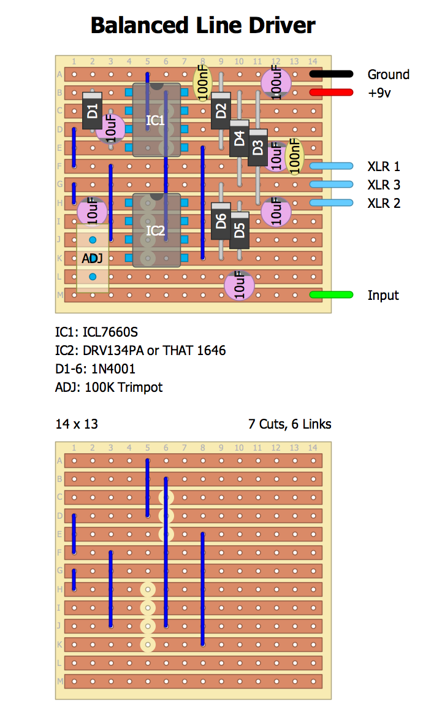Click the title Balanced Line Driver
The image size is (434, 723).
pos(203,25)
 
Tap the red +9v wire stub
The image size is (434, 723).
pos(331,93)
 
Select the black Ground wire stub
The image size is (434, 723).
pos(331,74)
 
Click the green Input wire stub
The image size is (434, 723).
pos(331,295)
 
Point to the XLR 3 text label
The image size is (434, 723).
pos(384,185)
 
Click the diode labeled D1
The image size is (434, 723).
pos(92,110)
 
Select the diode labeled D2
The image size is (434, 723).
pos(221,110)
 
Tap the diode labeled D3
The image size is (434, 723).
pos(257,147)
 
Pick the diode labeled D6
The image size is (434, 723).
pos(221,221)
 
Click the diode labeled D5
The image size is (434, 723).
pos(239,230)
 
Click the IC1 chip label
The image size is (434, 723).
pos(156,120)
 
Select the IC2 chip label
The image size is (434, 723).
pos(156,231)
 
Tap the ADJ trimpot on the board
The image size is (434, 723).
pos(93,258)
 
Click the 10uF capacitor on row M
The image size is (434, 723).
pos(239,286)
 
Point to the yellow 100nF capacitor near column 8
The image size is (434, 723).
pos(202,83)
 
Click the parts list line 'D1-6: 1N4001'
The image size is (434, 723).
pos(96,369)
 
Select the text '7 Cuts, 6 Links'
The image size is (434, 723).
pos(289,424)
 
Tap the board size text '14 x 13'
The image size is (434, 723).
pos(77,424)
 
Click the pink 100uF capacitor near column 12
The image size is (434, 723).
pos(276,83)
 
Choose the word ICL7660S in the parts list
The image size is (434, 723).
pos(111,332)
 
